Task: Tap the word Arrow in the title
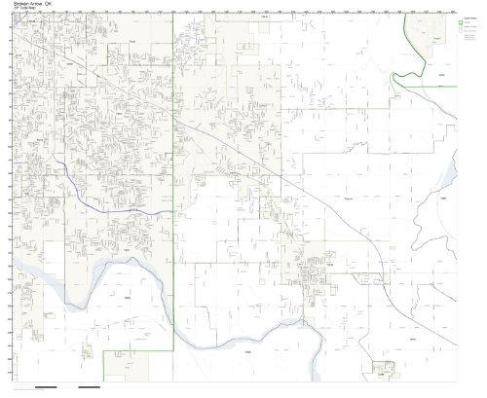pyautogui.click(x=40, y=5)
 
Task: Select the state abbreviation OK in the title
pyautogui.click(x=56, y=5)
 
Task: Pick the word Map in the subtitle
pyautogui.click(x=34, y=12)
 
